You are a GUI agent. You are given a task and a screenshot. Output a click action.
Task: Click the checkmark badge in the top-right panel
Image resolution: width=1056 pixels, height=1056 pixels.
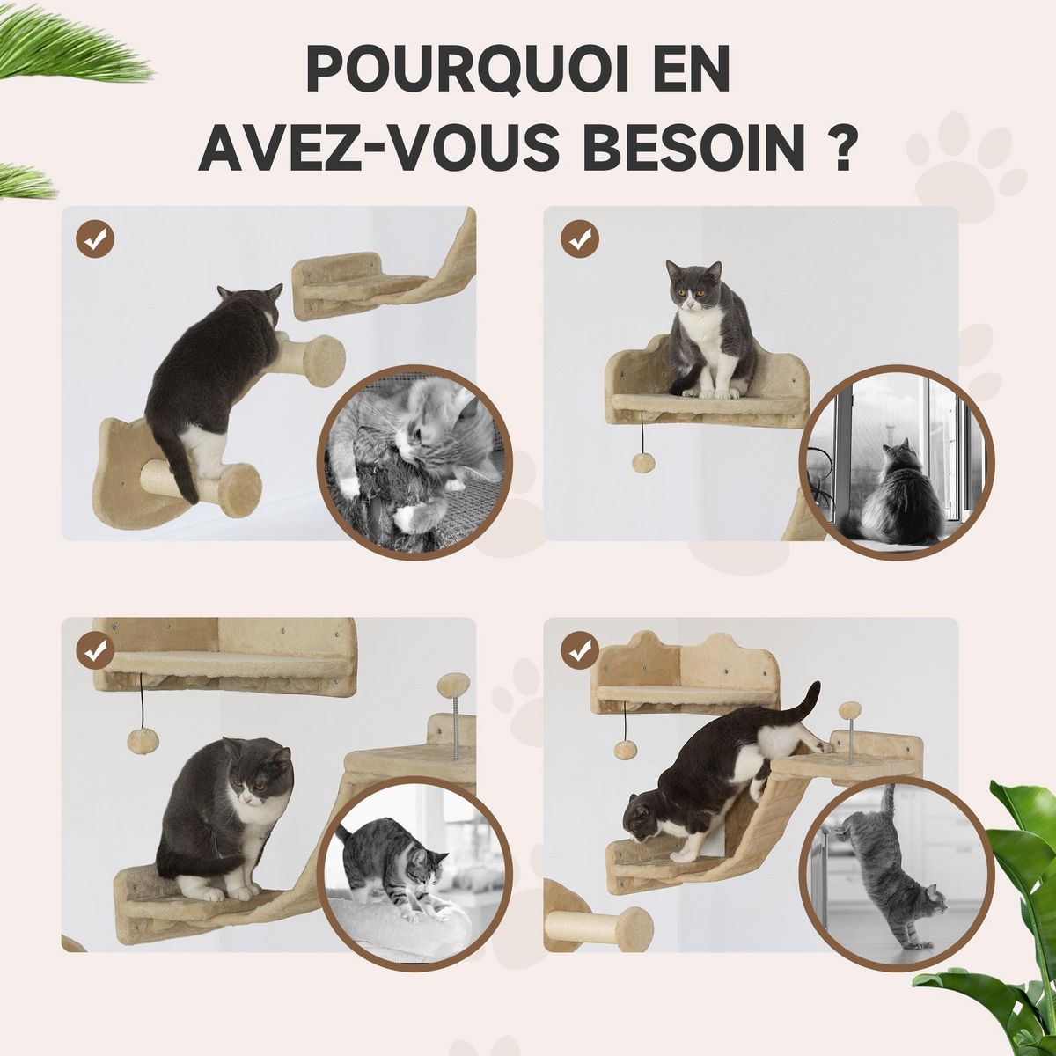(x=580, y=238)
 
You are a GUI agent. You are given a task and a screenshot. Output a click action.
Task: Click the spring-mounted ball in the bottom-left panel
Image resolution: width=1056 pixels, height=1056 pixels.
(x=455, y=684)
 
